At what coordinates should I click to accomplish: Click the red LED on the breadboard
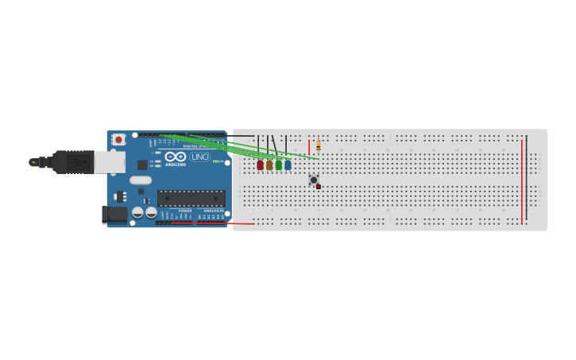(x=260, y=165)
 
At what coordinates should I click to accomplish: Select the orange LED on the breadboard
(x=269, y=165)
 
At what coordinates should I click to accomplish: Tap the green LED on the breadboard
(x=279, y=165)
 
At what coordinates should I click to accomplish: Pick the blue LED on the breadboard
(x=288, y=165)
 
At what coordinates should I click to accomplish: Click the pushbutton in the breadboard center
(x=314, y=180)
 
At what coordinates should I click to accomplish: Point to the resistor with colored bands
(x=319, y=145)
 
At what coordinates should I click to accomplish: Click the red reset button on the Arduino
(x=118, y=140)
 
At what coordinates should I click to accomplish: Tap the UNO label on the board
(x=199, y=157)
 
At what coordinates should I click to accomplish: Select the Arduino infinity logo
(x=176, y=156)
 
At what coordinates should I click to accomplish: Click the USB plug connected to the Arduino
(x=72, y=162)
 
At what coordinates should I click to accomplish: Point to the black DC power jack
(x=115, y=213)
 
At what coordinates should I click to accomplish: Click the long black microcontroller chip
(x=191, y=198)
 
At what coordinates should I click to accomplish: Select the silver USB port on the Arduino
(x=110, y=162)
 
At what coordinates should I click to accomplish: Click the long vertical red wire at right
(x=522, y=183)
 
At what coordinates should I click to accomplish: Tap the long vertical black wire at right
(x=526, y=179)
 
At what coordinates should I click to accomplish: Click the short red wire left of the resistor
(x=309, y=147)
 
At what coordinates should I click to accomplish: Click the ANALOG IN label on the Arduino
(x=214, y=211)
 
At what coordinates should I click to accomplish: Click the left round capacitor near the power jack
(x=138, y=212)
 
